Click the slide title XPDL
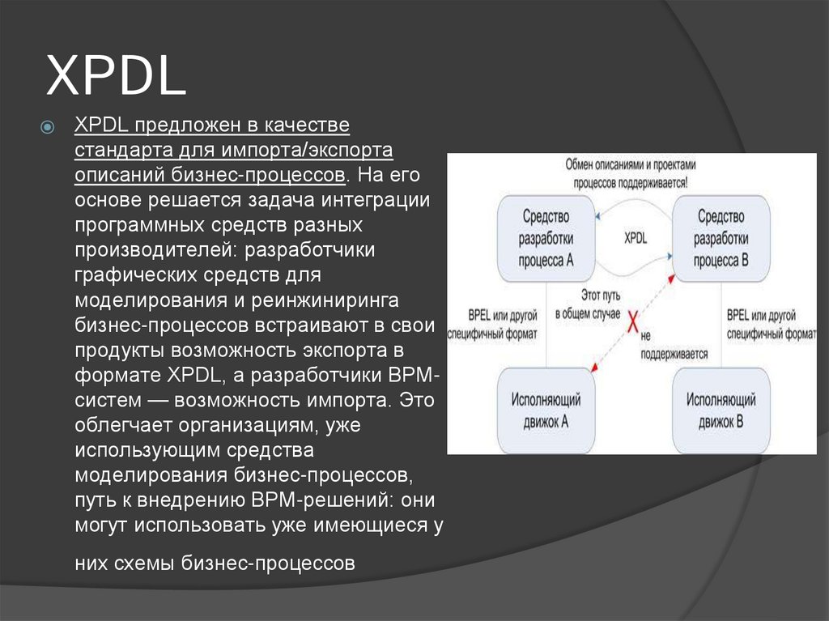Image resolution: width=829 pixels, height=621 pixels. click(116, 78)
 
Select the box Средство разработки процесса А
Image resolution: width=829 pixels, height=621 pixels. click(546, 238)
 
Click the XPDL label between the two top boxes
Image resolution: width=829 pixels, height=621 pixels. click(636, 239)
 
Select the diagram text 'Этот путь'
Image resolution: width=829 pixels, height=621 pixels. click(599, 296)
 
